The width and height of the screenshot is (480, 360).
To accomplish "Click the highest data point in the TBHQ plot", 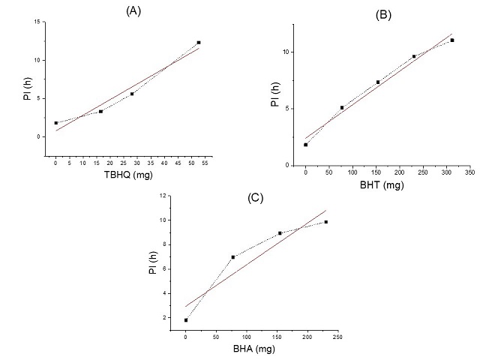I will tap(199, 43).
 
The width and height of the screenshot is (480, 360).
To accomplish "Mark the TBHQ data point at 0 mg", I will tap(55, 123).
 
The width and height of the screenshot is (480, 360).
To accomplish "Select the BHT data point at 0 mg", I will tap(306, 145).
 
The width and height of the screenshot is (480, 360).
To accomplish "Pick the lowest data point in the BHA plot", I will tap(186, 320).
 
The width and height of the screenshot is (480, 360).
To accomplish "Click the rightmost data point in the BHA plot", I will tap(326, 222).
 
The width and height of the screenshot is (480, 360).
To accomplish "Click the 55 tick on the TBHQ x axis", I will tap(205, 163).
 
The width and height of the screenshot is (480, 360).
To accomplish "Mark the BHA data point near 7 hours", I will tap(233, 257).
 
